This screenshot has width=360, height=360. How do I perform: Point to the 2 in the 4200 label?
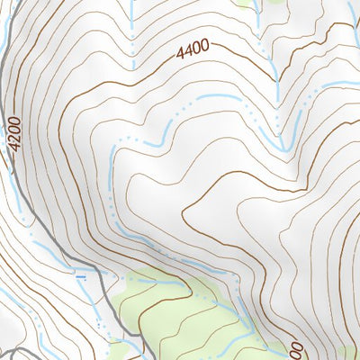pyautogui.click(x=13, y=147)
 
